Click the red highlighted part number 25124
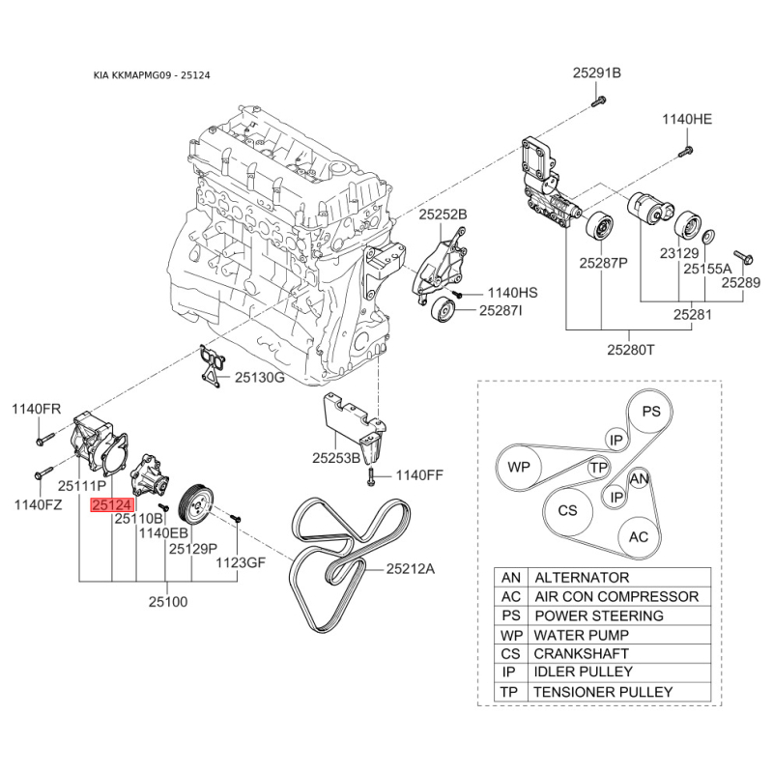[x=113, y=504]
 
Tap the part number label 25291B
[x=596, y=73]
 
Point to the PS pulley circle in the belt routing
[x=652, y=412]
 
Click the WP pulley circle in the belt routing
[x=520, y=467]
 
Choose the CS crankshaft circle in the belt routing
[x=567, y=509]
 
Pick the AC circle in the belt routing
[x=639, y=536]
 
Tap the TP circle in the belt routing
[x=599, y=468]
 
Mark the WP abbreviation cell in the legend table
[x=510, y=635]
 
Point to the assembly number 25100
[x=167, y=601]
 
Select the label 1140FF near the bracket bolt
[x=419, y=475]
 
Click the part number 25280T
[x=630, y=349]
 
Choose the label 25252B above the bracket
[x=443, y=215]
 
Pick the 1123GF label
[x=239, y=562]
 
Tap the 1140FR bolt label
[x=36, y=409]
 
